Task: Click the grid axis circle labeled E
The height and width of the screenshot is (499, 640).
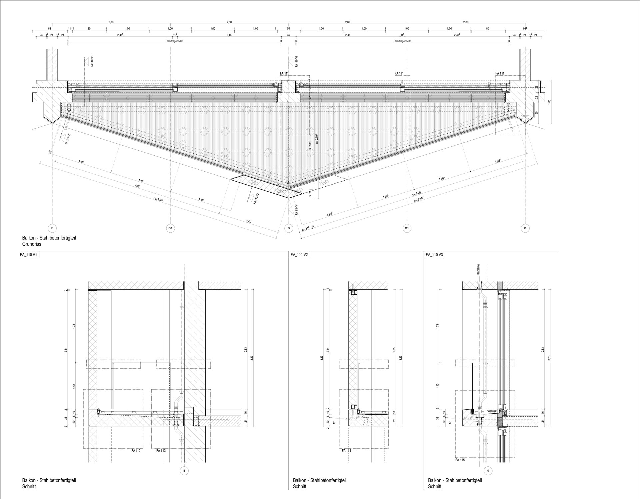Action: tap(52, 228)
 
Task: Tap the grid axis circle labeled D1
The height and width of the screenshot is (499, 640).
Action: tap(170, 228)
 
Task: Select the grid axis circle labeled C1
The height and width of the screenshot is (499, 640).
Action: tap(406, 228)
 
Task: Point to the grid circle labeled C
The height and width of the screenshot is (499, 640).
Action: tap(525, 228)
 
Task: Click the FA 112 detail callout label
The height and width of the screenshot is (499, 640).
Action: tap(136, 451)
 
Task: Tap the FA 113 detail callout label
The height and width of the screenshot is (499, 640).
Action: tap(161, 451)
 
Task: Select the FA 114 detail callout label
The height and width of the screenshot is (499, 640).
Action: tap(346, 451)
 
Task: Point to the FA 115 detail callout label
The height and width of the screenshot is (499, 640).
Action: tap(460, 460)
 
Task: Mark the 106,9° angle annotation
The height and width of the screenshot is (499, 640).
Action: tap(525, 116)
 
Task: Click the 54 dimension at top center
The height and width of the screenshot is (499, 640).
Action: tap(288, 29)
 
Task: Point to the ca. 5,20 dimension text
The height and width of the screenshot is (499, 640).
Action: tap(417, 193)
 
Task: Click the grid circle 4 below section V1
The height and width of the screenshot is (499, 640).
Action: tap(184, 471)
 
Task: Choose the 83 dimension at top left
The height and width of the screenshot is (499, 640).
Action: tap(49, 29)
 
